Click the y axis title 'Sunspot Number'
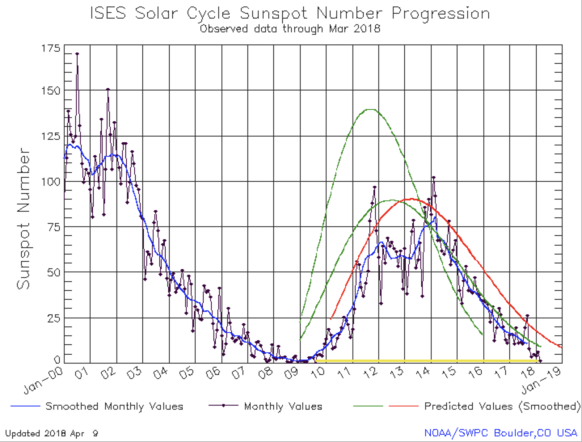pos(24,218)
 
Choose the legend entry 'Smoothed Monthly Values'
pos(114,406)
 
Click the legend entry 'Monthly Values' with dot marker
pos(283,406)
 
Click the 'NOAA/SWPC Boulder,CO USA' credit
pos(501,432)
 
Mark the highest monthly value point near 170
pos(77,54)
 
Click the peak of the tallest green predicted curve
pos(371,109)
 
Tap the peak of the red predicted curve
pos(412,199)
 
